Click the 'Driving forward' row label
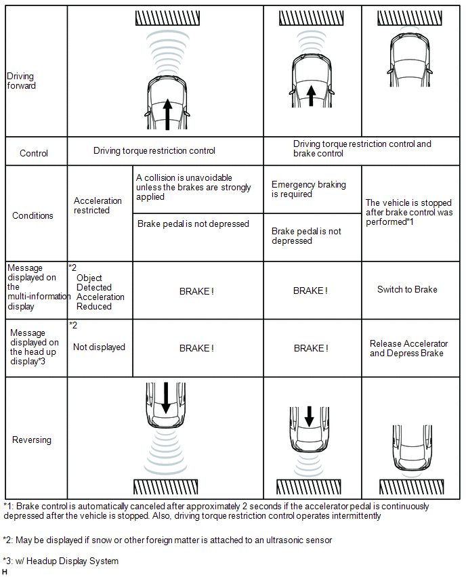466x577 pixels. coord(21,81)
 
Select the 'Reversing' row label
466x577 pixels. coord(32,440)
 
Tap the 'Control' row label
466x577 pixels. coord(34,153)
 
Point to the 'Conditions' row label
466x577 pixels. coord(33,215)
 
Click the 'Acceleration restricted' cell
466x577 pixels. coord(98,205)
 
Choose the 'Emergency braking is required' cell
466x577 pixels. coord(308,189)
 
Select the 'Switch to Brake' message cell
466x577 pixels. coord(407,289)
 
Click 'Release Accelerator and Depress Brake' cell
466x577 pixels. coord(408,348)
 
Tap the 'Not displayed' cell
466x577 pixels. coord(99,347)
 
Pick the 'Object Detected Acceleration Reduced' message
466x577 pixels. coord(100,292)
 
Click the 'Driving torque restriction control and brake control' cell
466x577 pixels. coord(362,148)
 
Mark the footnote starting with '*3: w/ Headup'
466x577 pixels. coord(61,561)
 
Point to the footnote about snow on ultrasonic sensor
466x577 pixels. coord(167,540)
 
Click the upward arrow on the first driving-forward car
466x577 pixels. coord(167,114)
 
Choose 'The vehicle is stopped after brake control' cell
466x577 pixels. coord(408,212)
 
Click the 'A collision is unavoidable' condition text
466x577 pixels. coord(194,187)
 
